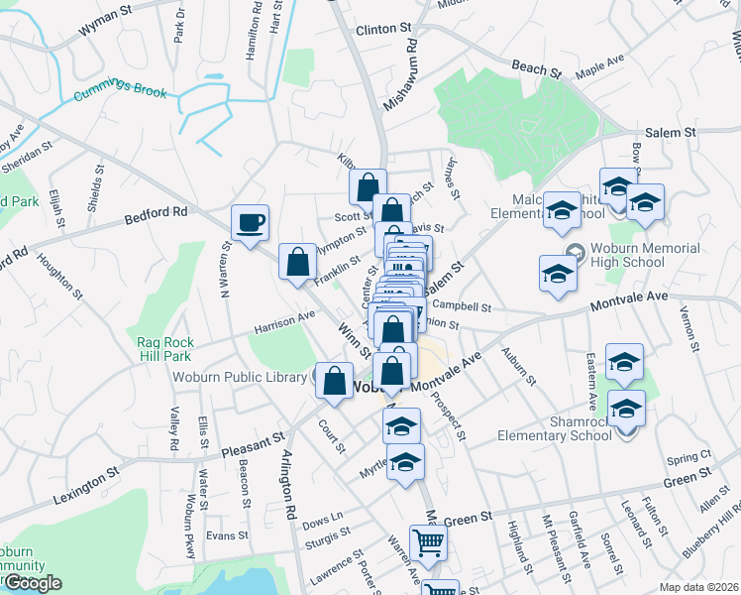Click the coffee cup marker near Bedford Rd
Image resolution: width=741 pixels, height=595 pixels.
[x=251, y=221]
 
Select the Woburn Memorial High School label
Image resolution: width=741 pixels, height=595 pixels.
[x=644, y=256]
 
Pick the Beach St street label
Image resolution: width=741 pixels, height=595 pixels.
[x=537, y=68]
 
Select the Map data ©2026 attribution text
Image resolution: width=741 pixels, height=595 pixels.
[x=696, y=586]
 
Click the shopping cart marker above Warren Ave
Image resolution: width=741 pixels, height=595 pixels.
[x=428, y=541]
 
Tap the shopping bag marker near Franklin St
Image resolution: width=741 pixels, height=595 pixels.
[x=297, y=262]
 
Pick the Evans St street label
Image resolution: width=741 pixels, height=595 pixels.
[x=226, y=535]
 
